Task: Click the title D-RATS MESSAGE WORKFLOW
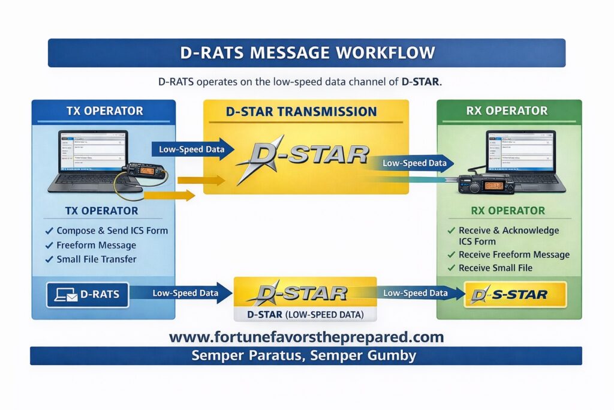coord(306,53)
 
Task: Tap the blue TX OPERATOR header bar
coord(104,111)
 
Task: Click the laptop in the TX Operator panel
coord(90,159)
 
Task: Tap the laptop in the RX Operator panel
coord(522,159)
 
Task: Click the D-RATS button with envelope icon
coord(88,294)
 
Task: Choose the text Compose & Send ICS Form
coord(112,231)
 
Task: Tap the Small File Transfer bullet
coord(97,259)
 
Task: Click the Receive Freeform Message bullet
coord(514,255)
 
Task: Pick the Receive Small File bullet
coord(495,268)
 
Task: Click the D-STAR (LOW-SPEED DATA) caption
coord(305,314)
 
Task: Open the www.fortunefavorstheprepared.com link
coord(306,337)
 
